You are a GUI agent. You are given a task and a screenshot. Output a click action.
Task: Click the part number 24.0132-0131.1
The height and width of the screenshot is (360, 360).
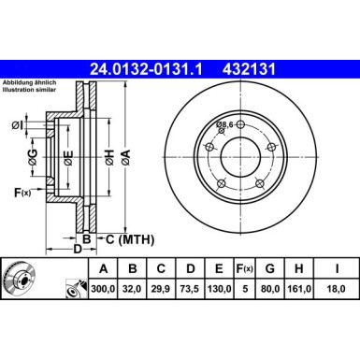tap(146, 69)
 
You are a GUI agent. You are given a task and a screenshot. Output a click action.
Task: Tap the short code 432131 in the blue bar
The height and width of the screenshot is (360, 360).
tap(249, 69)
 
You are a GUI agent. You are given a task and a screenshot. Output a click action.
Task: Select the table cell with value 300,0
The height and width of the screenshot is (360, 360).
tap(103, 289)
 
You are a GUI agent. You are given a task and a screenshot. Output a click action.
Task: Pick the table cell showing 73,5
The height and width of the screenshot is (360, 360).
tap(190, 289)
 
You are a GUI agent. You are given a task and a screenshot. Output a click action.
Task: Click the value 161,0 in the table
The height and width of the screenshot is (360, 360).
tap(299, 289)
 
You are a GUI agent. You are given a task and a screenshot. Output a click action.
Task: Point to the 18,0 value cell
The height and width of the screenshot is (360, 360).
tap(337, 289)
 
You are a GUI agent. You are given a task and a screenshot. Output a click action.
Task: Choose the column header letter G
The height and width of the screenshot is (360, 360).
tap(270, 268)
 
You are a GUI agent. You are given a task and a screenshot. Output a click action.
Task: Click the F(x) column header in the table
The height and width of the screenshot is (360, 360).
tap(245, 268)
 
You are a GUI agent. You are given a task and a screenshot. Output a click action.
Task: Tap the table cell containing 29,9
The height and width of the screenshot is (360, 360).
tap(161, 289)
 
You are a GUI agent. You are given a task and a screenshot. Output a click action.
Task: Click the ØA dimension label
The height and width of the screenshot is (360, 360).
tap(125, 157)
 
